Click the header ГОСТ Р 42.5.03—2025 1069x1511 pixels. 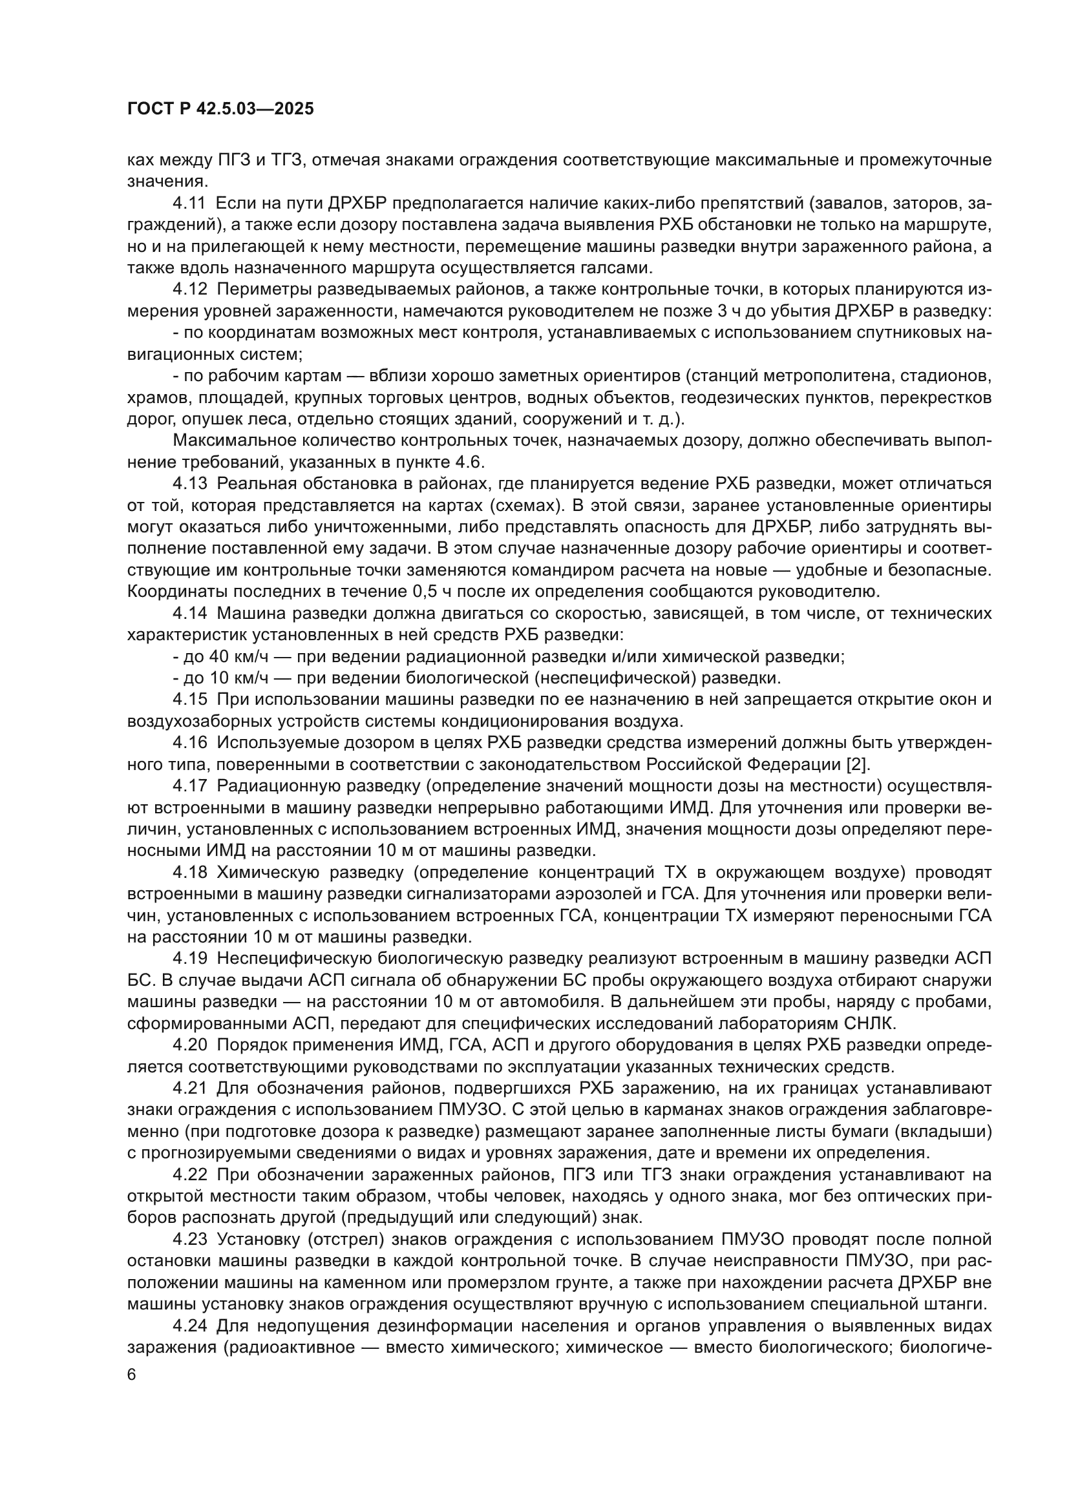click(220, 109)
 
